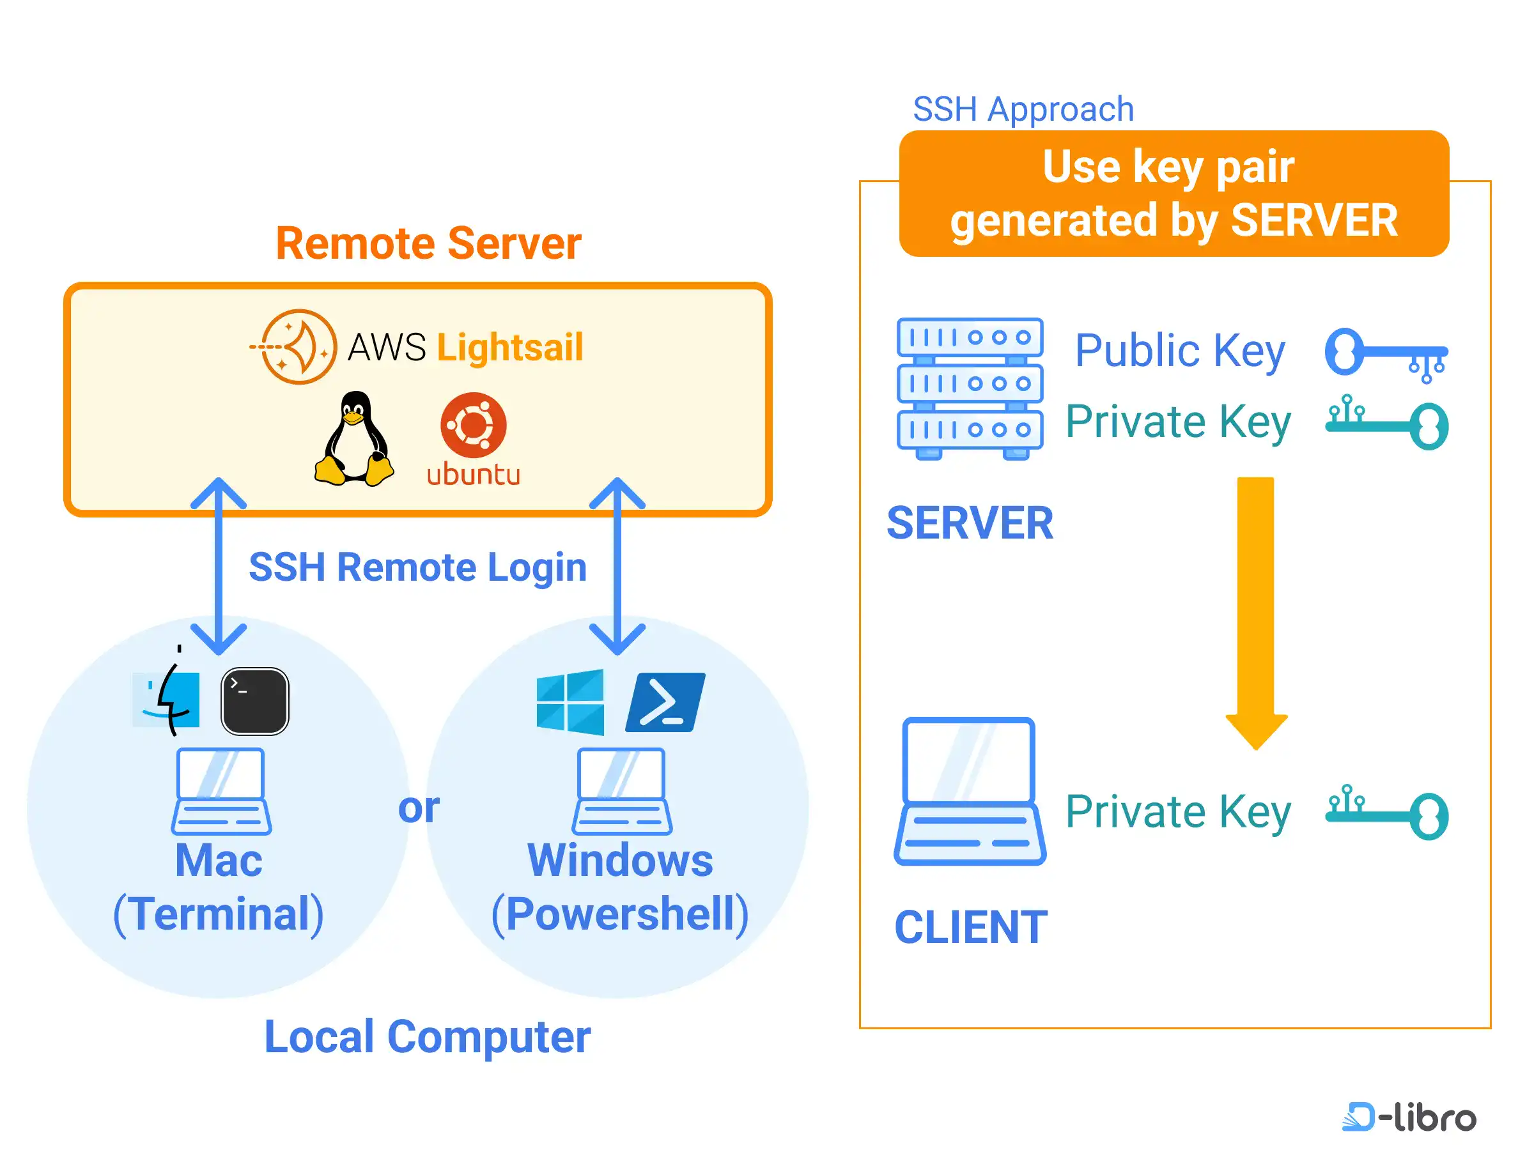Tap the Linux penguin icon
click(354, 439)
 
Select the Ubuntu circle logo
click(474, 425)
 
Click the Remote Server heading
click(428, 243)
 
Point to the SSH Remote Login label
click(417, 567)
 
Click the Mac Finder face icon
click(167, 700)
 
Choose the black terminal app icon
click(254, 701)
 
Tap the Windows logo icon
click(570, 701)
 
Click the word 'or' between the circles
click(418, 808)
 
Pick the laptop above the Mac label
click(221, 791)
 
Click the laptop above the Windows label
click(622, 791)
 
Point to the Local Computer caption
click(427, 1037)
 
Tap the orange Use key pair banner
click(1174, 194)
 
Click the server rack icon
click(970, 388)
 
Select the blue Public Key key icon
click(1386, 354)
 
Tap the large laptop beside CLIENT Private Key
click(970, 792)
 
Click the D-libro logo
click(1409, 1117)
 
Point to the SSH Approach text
click(1023, 109)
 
